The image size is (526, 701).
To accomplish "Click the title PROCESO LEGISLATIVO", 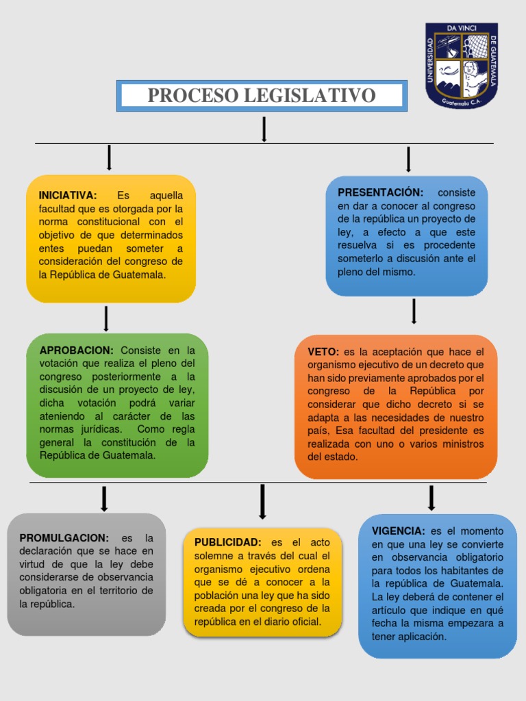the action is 262,96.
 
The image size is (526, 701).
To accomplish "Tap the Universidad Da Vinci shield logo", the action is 462,65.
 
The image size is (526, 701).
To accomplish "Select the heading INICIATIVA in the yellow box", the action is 68,196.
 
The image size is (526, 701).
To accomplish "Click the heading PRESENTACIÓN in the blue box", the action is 380,192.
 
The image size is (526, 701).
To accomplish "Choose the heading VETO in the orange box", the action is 323,352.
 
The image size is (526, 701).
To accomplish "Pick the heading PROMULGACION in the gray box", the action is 64,538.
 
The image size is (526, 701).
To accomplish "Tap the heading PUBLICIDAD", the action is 227,542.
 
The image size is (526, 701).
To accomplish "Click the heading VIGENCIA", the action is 398,531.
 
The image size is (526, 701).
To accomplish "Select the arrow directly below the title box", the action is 264,129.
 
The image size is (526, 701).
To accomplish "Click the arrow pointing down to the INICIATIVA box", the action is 109,157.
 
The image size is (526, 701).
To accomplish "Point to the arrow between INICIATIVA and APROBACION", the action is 106,318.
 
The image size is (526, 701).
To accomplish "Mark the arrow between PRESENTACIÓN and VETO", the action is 414,311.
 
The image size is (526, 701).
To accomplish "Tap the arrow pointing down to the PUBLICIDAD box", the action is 262,502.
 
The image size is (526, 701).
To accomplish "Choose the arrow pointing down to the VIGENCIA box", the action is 431,498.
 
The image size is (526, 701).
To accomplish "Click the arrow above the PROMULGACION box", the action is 104,499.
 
